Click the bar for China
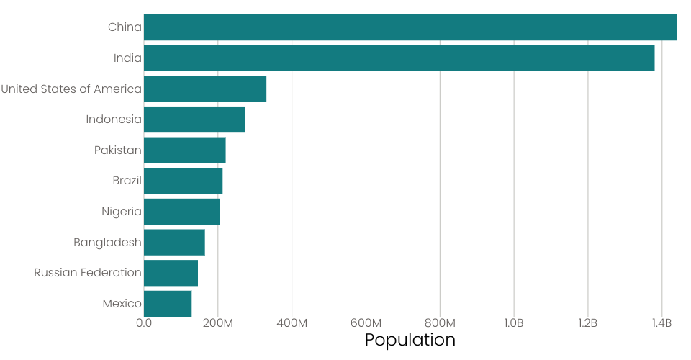(x=410, y=27)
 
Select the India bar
(x=399, y=58)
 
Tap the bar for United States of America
(x=205, y=89)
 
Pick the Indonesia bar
(x=194, y=120)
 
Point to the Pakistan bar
(x=184, y=150)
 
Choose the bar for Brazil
(x=183, y=181)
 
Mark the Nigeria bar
(x=182, y=212)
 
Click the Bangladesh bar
(x=174, y=242)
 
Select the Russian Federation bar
(x=171, y=273)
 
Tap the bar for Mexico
(x=168, y=303)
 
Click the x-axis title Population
(x=410, y=340)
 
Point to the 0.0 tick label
(x=144, y=323)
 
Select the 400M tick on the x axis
(x=292, y=323)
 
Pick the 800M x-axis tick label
(x=440, y=323)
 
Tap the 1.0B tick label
(x=514, y=323)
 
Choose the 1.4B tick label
(x=662, y=323)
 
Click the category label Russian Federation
(x=88, y=273)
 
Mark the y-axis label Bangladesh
(x=107, y=242)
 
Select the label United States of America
(x=71, y=89)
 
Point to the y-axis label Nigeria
(x=122, y=212)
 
